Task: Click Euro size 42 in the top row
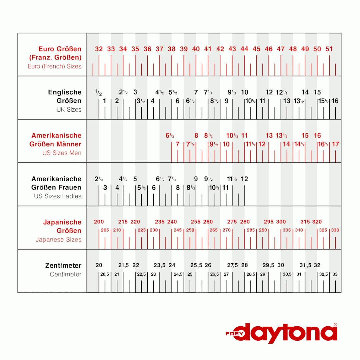coord(220,49)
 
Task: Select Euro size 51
coord(329,49)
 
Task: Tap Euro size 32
coord(99,49)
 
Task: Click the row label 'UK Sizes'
coord(69,109)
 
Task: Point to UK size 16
coord(335,101)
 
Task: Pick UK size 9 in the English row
coord(226,101)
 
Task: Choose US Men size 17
coord(336,144)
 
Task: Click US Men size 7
coord(177,144)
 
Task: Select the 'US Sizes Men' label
coord(62,153)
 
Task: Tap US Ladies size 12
coord(244,179)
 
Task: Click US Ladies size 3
coord(105,188)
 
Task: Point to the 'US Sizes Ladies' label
coord(58,196)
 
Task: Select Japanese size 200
coord(99,222)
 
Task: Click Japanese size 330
coord(335,230)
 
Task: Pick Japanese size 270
coord(227,230)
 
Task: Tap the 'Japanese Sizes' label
coord(59,239)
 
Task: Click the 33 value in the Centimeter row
coord(335,274)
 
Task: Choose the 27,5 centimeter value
coord(232,265)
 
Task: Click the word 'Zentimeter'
coord(63,265)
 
